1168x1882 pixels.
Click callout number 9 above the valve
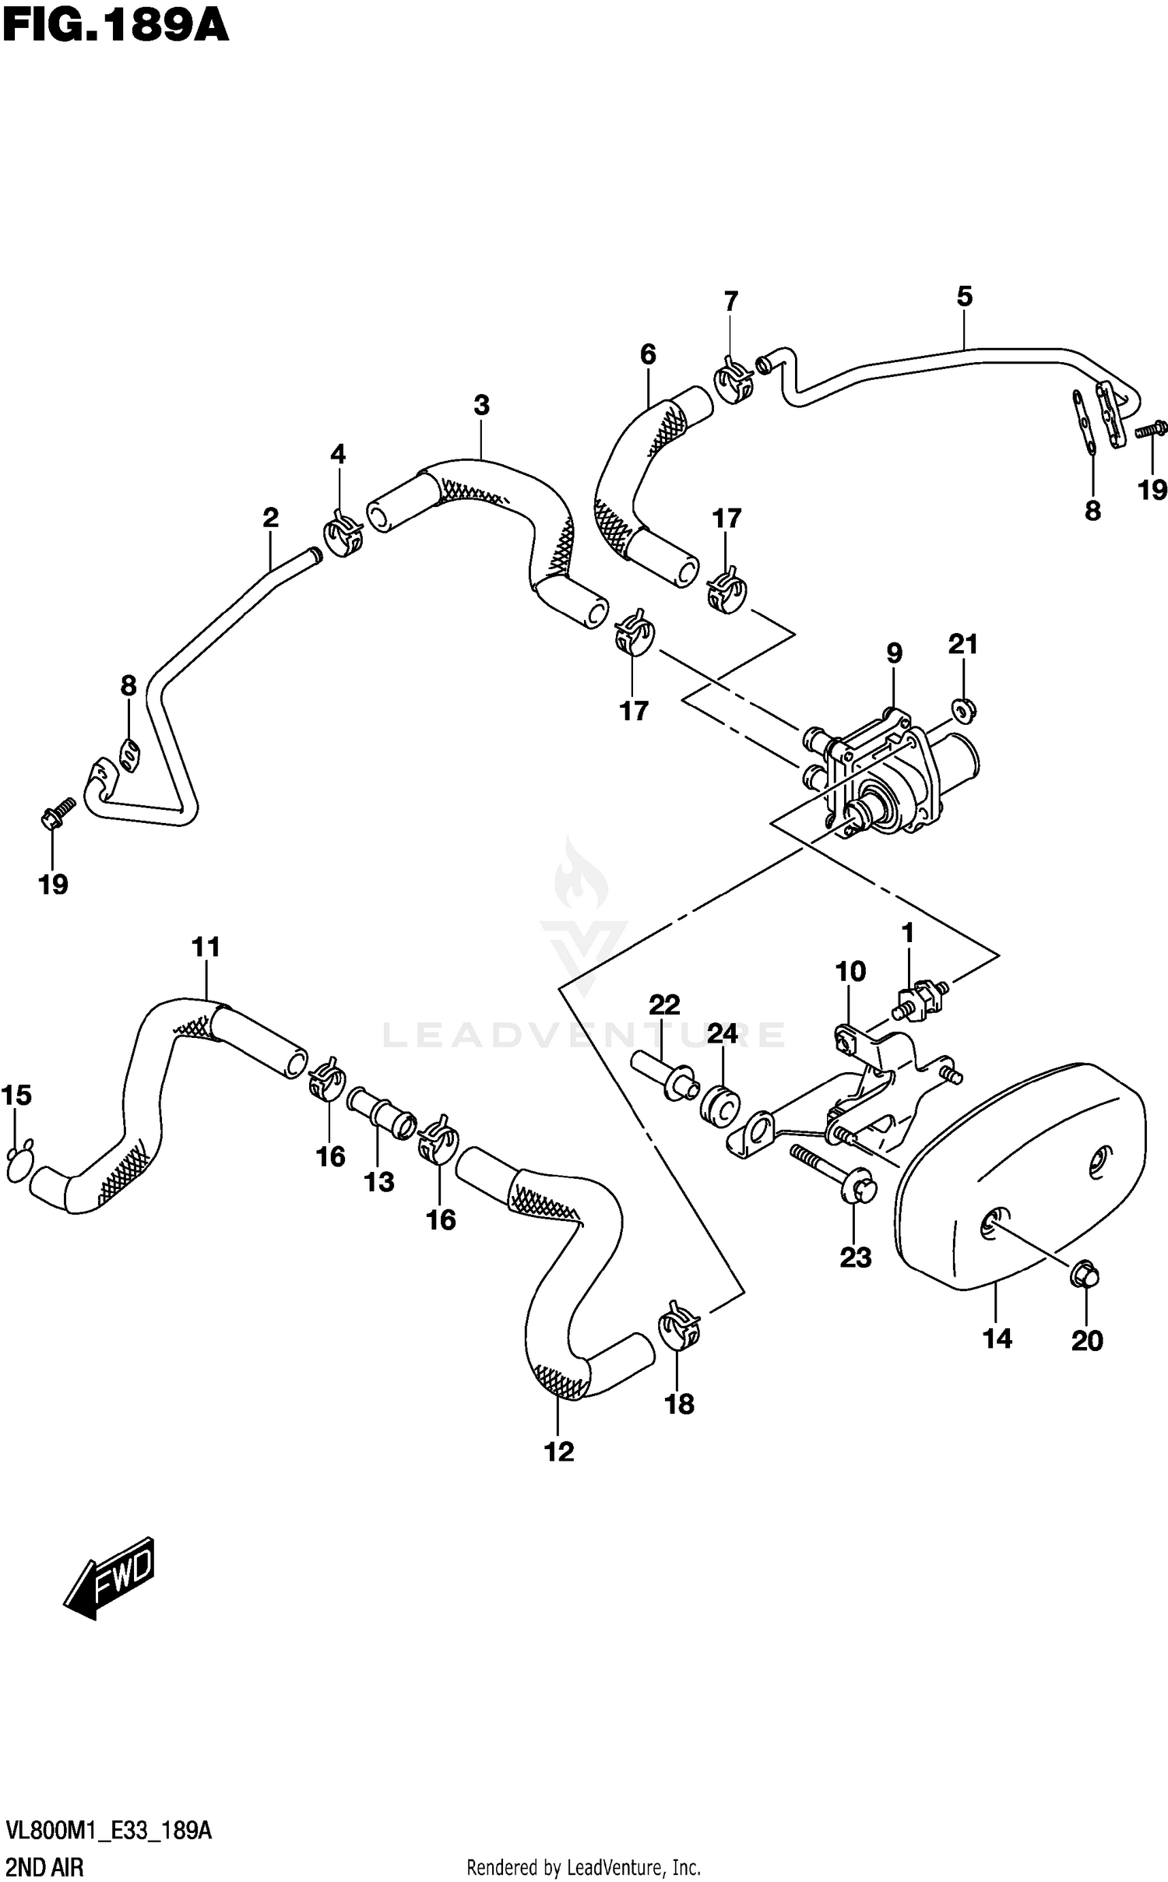[x=894, y=653]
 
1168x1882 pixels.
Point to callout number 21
[x=962, y=645]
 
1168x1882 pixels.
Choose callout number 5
[x=964, y=297]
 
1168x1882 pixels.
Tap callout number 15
[x=16, y=1096]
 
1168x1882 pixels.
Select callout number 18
[x=679, y=1405]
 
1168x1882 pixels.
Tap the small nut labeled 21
[x=962, y=709]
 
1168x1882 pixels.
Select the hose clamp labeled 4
[x=343, y=536]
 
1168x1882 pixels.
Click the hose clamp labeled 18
[x=681, y=1328]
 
